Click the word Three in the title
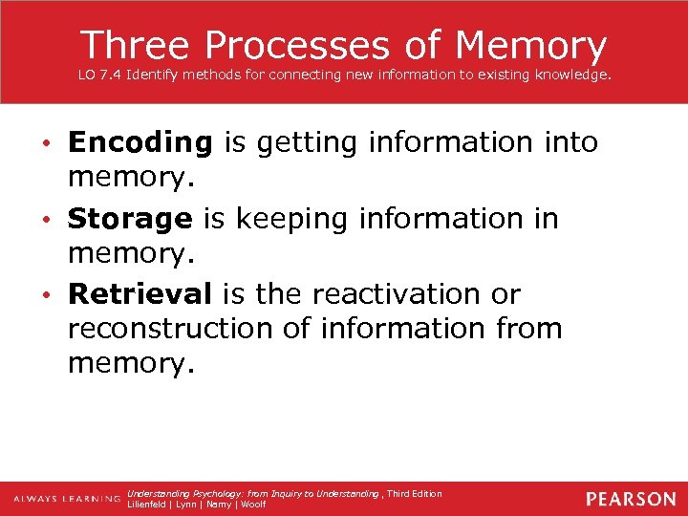click(x=136, y=45)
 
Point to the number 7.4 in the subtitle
click(x=112, y=75)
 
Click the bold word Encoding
click(x=140, y=143)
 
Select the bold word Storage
click(x=130, y=219)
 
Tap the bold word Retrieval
click(x=140, y=293)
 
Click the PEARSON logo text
click(x=631, y=499)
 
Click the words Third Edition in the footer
click(x=415, y=493)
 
